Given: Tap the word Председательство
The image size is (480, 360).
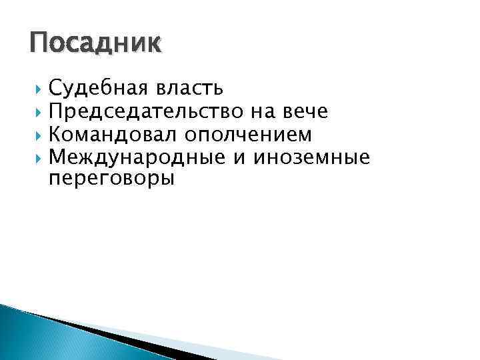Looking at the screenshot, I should pos(139,111).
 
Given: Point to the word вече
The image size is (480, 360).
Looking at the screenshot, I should pos(304,111).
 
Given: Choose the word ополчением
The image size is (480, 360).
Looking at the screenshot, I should pos(248,135).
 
